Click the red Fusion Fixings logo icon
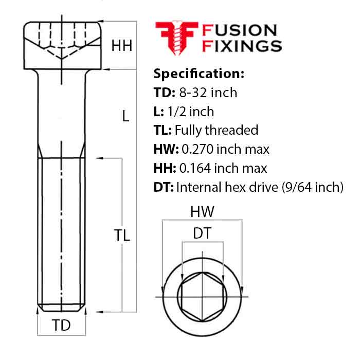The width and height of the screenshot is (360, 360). [176, 37]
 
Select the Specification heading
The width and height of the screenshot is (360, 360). [199, 73]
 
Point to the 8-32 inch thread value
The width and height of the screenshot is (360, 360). [208, 93]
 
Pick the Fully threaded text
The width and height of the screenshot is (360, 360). [216, 130]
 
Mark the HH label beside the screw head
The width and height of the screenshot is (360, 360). [122, 46]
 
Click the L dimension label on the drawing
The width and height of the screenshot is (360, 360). [125, 117]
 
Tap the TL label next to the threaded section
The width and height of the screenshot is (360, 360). [122, 236]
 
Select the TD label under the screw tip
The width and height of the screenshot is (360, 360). [61, 326]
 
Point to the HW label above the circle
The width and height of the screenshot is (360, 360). [202, 211]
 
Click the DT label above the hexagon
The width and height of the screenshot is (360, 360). [202, 233]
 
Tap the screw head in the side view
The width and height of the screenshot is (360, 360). [61, 45]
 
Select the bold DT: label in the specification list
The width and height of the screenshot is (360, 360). [164, 187]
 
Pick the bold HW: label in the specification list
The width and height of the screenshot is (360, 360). [166, 149]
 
